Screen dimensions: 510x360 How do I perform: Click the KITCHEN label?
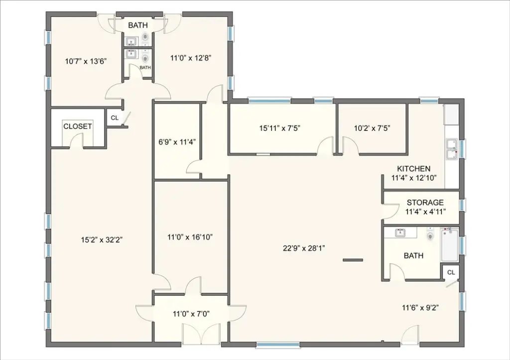pos(413,169)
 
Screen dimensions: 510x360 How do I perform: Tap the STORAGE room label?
pos(425,203)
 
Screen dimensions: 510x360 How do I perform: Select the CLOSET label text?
pos(77,126)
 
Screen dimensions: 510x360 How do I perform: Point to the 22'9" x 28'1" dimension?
pos(304,248)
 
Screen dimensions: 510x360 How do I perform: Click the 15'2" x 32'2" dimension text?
pos(102,240)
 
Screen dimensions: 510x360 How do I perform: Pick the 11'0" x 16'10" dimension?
pos(190,237)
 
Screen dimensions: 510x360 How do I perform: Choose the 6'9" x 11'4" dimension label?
pos(177,142)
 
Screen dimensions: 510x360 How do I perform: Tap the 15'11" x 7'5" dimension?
pos(279,128)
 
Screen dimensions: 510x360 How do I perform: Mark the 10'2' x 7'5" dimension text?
pos(372,128)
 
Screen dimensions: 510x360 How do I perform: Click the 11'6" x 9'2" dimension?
pos(421,307)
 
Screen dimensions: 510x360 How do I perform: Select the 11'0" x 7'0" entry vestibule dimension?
pos(191,314)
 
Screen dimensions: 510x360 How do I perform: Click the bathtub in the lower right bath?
pos(450,244)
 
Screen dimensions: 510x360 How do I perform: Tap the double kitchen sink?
pos(452,149)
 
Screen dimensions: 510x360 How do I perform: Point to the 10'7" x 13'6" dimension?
pos(86,61)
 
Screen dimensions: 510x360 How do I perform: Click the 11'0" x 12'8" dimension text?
pos(191,58)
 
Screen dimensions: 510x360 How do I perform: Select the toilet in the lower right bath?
pos(431,235)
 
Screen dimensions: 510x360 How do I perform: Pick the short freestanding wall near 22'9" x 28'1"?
pos(353,260)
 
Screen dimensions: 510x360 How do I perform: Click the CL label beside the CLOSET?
pos(115,118)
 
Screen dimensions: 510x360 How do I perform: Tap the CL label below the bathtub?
pos(451,272)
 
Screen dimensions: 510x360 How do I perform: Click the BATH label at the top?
pos(138,25)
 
